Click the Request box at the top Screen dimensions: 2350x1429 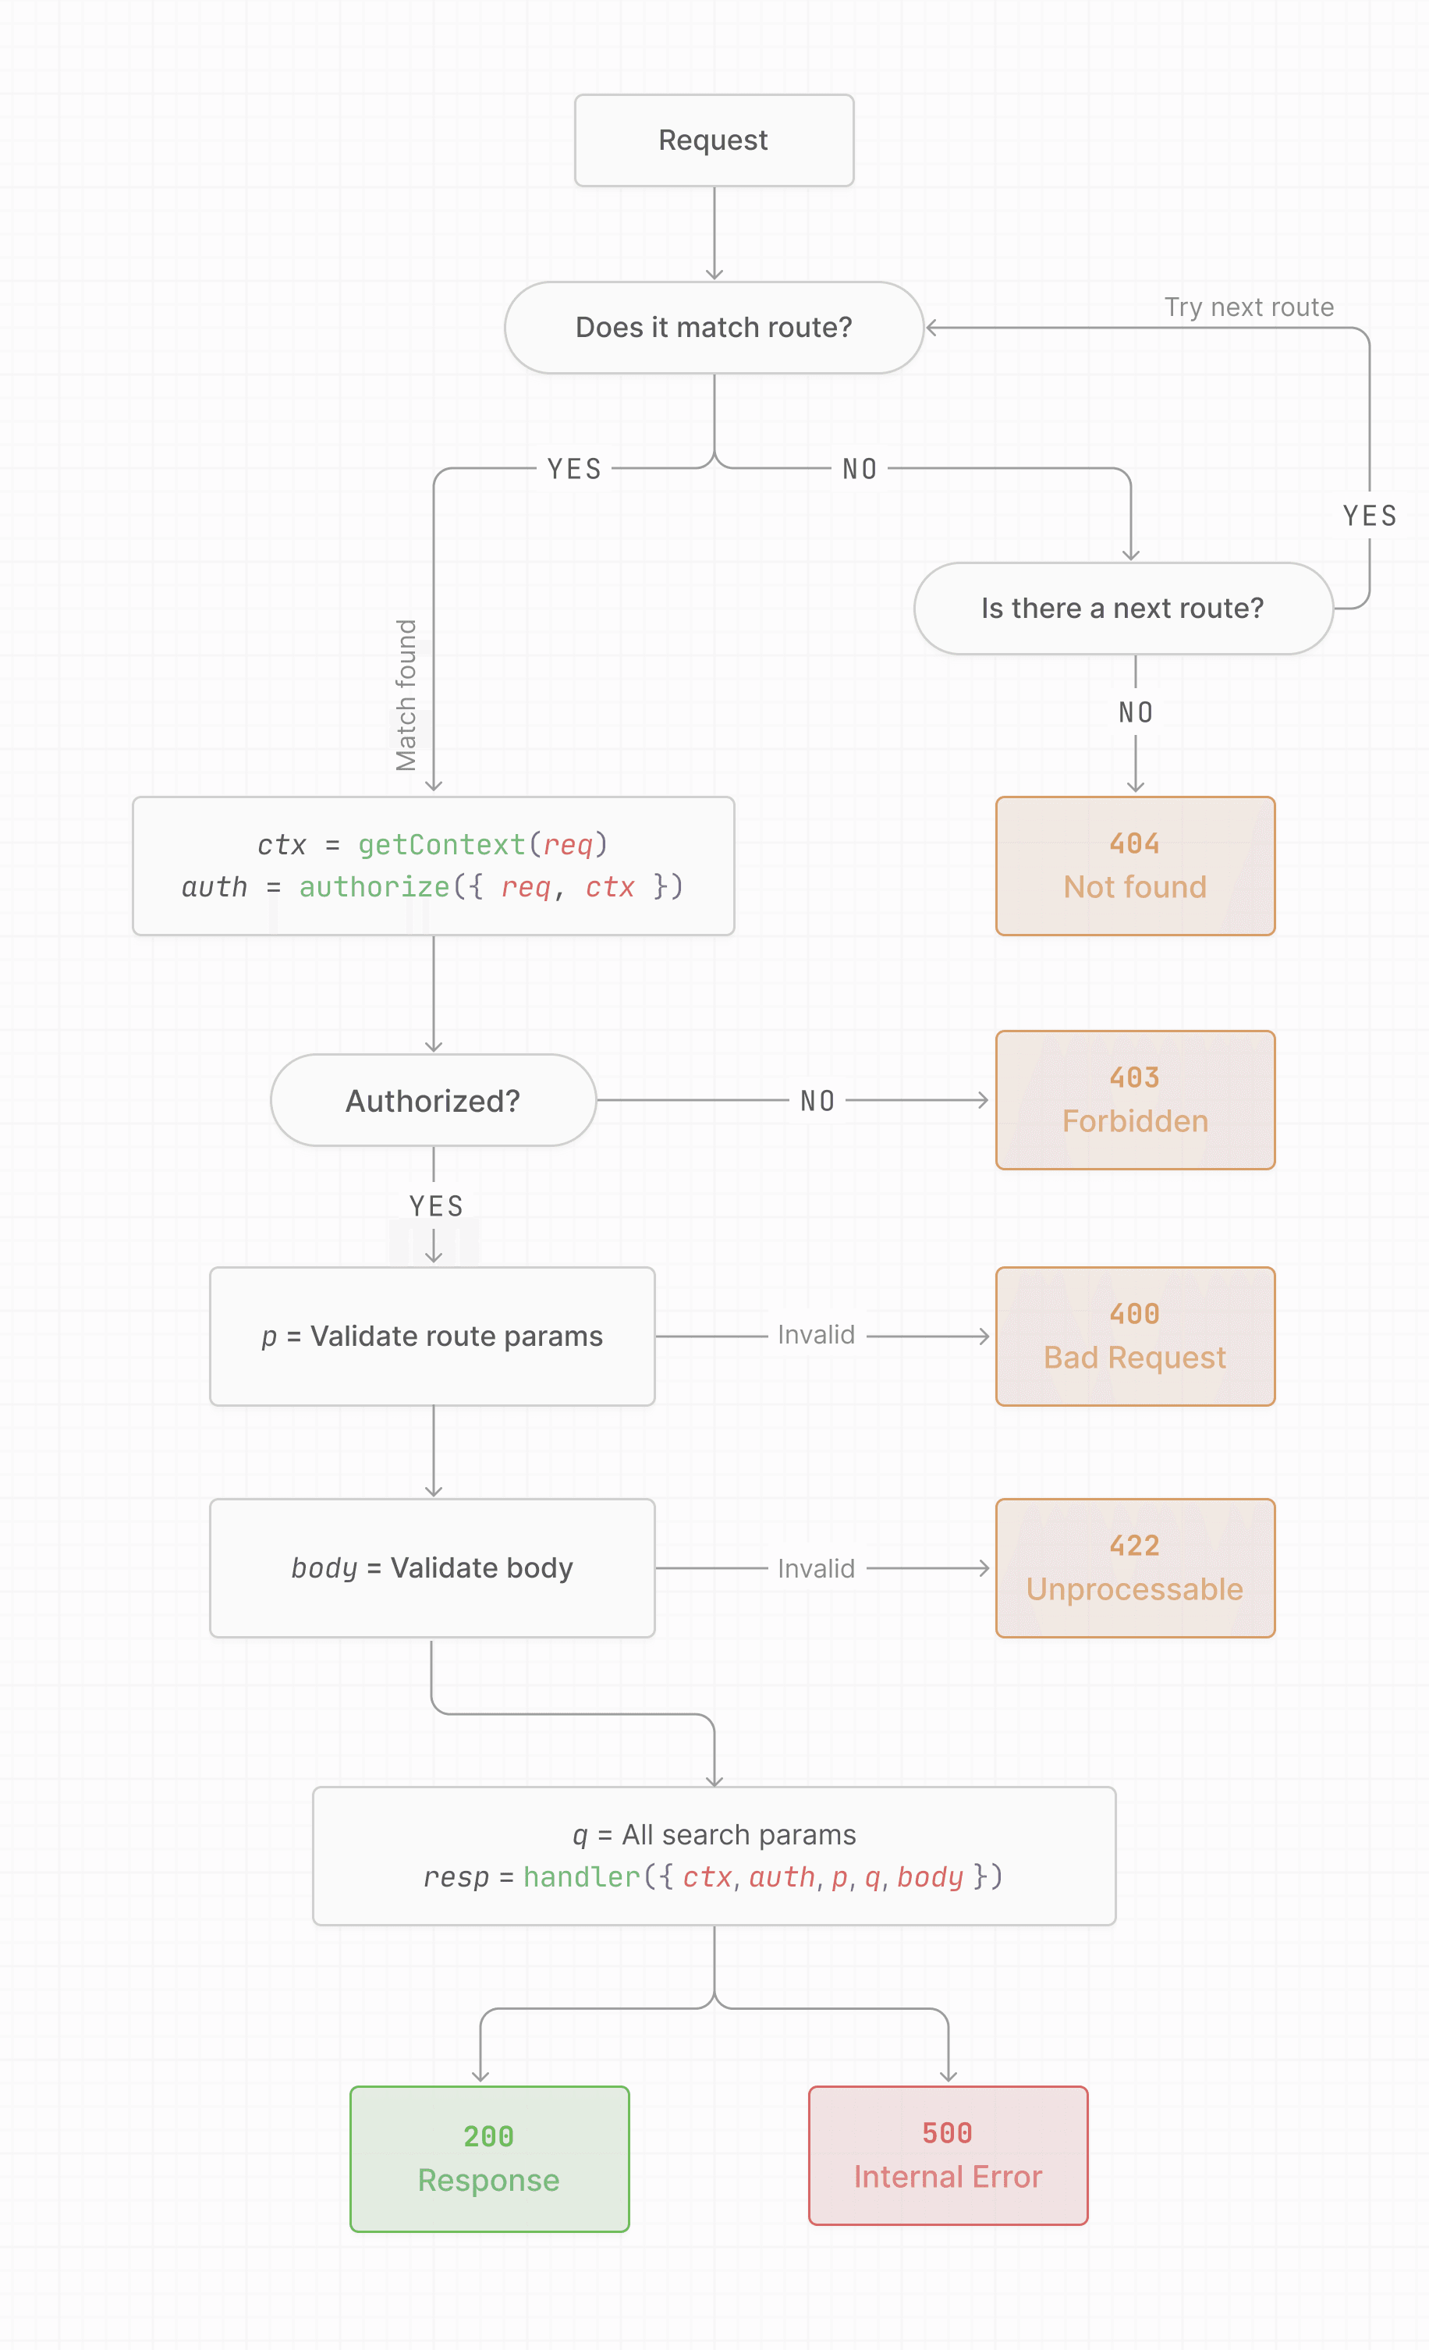(x=714, y=140)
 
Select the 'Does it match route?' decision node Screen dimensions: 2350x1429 (x=714, y=327)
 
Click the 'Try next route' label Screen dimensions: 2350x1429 (x=1249, y=307)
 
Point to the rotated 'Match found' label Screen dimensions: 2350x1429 (x=407, y=694)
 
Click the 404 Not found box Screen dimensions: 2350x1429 (x=1134, y=866)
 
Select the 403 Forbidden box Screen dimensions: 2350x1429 (x=1134, y=1099)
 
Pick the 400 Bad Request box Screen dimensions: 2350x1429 (x=1134, y=1337)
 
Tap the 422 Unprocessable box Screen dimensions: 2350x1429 (x=1134, y=1568)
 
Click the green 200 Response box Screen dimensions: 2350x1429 (x=489, y=2158)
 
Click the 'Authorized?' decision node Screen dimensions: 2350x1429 (x=433, y=1101)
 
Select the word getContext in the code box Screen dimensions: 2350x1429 (x=441, y=845)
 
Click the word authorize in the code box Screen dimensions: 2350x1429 (x=374, y=887)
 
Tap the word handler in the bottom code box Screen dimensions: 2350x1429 (x=582, y=1877)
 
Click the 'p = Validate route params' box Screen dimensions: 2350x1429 (x=432, y=1337)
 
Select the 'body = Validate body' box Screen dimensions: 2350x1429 (x=432, y=1568)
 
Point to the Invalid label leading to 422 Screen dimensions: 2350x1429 (x=816, y=1569)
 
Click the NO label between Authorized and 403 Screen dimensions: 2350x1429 (x=817, y=1101)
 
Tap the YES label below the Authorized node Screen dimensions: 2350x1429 (x=436, y=1206)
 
